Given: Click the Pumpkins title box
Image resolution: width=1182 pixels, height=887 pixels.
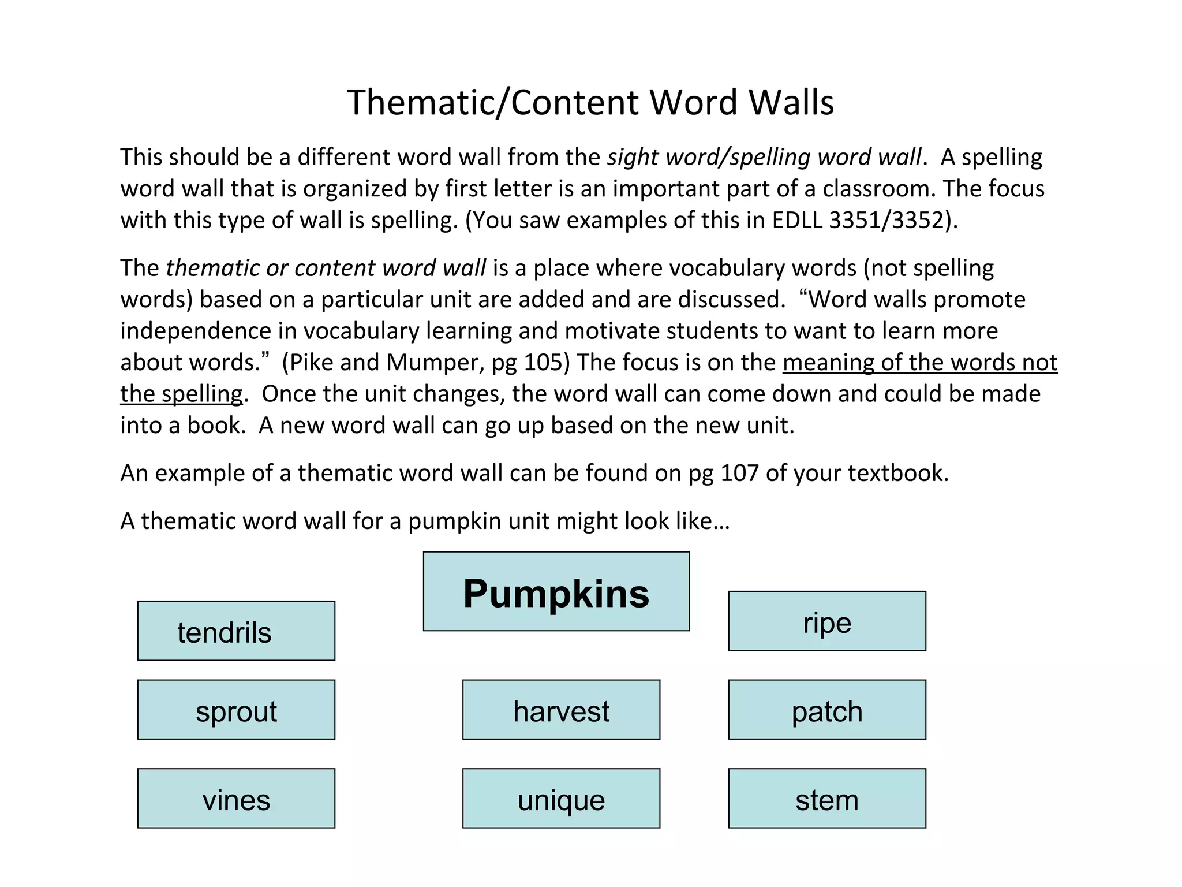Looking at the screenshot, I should (x=556, y=591).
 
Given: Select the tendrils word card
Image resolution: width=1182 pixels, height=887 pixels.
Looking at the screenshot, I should (x=236, y=631).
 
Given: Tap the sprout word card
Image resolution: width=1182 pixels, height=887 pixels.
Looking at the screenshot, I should (x=236, y=710).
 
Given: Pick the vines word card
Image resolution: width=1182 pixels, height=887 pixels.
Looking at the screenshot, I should (x=236, y=799).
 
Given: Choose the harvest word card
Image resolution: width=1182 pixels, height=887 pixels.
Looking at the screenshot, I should (x=561, y=710).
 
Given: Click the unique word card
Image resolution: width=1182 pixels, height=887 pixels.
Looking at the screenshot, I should (x=561, y=799).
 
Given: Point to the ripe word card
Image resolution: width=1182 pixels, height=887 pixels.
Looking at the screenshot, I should (x=827, y=621).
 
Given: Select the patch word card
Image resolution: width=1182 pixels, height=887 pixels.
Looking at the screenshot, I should (x=827, y=710).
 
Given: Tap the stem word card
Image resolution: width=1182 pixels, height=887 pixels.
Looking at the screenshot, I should (x=827, y=799).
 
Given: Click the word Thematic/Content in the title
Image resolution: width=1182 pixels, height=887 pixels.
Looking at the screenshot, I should (x=493, y=103).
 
